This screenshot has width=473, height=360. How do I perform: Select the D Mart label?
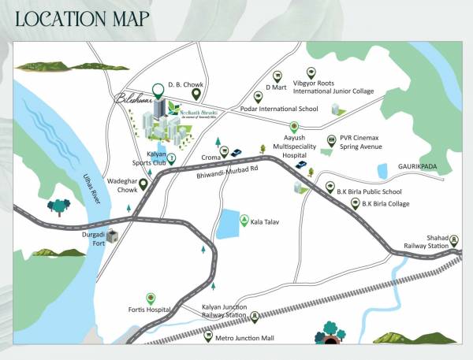[274, 87]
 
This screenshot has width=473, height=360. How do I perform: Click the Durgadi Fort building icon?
[114, 236]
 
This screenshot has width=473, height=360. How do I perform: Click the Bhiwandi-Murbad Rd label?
[229, 175]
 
